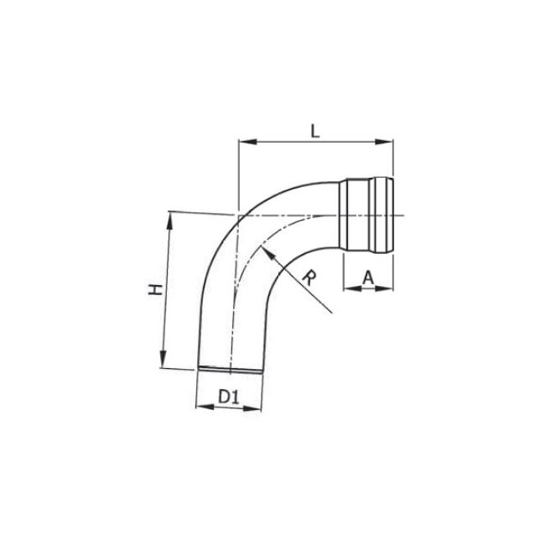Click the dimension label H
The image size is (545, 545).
pos(154,289)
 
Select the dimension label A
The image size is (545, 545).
pos(368,277)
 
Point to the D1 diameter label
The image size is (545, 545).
pos(229,396)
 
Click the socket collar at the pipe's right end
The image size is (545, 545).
pos(365,215)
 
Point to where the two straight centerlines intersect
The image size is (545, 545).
pos(240,215)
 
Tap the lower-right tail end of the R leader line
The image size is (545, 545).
pos(330,314)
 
